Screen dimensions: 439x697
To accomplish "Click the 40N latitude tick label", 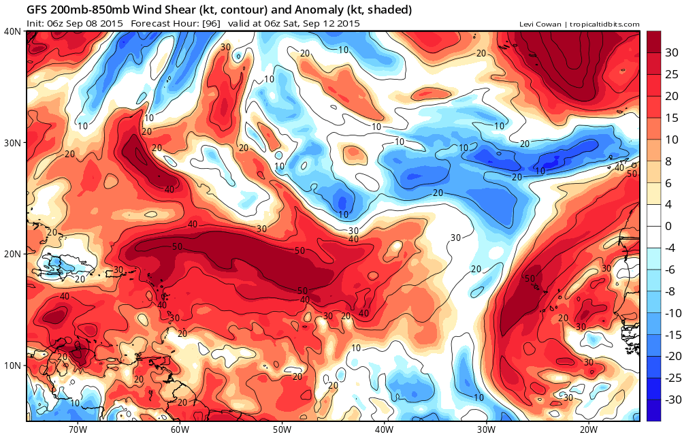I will pyautogui.click(x=12, y=31).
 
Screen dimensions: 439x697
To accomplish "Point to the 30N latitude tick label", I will pyautogui.click(x=12, y=142).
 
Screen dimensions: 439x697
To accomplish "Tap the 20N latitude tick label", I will pyautogui.click(x=12, y=254).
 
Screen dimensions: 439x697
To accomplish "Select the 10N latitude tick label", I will pyautogui.click(x=12, y=365).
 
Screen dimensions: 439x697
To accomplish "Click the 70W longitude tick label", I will pyautogui.click(x=78, y=429).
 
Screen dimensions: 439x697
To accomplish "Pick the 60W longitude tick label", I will pyautogui.click(x=180, y=429).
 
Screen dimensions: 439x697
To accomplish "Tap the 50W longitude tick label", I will pyautogui.click(x=282, y=429).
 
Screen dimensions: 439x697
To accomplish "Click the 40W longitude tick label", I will pyautogui.click(x=384, y=429).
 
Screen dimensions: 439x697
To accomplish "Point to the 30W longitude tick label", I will pyautogui.click(x=486, y=429).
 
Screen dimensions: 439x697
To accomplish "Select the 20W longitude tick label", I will pyautogui.click(x=588, y=429).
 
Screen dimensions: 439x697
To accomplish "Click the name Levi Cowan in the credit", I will pyautogui.click(x=539, y=25).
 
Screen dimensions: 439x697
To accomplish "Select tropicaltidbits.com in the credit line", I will pyautogui.click(x=603, y=25).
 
